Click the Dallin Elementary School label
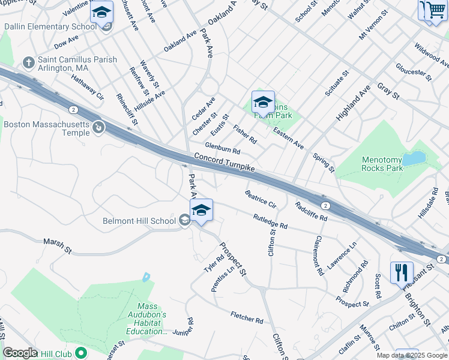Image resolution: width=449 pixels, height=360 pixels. pos(50,27)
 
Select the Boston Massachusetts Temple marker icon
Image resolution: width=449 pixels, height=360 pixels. pos(98,127)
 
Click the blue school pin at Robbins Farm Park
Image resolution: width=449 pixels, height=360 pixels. pos(263,103)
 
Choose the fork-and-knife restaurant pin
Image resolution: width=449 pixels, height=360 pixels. pos(402,272)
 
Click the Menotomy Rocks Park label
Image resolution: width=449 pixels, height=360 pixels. pos(390,164)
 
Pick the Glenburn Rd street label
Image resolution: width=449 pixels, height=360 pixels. pos(222,148)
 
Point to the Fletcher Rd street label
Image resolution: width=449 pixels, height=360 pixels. pos(247,317)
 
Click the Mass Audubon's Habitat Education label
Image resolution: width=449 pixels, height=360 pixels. pos(148,318)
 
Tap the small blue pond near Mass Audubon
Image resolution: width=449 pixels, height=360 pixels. pos(146,278)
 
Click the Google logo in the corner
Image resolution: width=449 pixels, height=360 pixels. pos(20,353)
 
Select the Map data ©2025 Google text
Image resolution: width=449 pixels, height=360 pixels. pos(411,355)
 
